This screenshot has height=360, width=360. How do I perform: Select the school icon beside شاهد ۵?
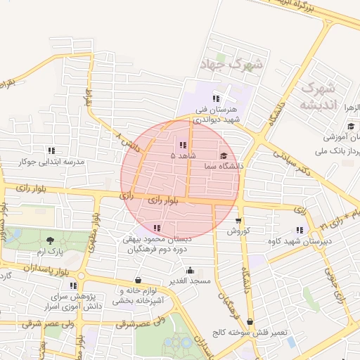[183, 145]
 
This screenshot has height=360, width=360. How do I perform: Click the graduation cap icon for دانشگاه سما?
[224, 156]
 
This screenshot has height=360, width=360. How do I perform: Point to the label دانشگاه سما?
[224, 166]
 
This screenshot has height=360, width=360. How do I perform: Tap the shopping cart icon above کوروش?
[238, 221]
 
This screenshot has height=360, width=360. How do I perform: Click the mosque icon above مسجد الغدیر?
[190, 271]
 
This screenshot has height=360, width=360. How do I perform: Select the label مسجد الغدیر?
[190, 281]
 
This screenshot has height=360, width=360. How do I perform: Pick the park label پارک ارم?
[50, 251]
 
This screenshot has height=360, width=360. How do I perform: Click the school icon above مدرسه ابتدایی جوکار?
[51, 150]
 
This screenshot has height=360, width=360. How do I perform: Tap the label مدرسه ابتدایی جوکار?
[51, 162]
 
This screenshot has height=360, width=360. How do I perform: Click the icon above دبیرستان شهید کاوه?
[300, 230]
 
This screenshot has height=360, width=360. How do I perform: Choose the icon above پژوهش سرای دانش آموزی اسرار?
[73, 285]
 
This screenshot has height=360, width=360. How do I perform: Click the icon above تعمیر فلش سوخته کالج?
[250, 321]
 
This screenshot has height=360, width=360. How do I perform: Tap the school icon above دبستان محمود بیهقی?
[156, 228]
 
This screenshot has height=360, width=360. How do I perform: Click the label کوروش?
[238, 231]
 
